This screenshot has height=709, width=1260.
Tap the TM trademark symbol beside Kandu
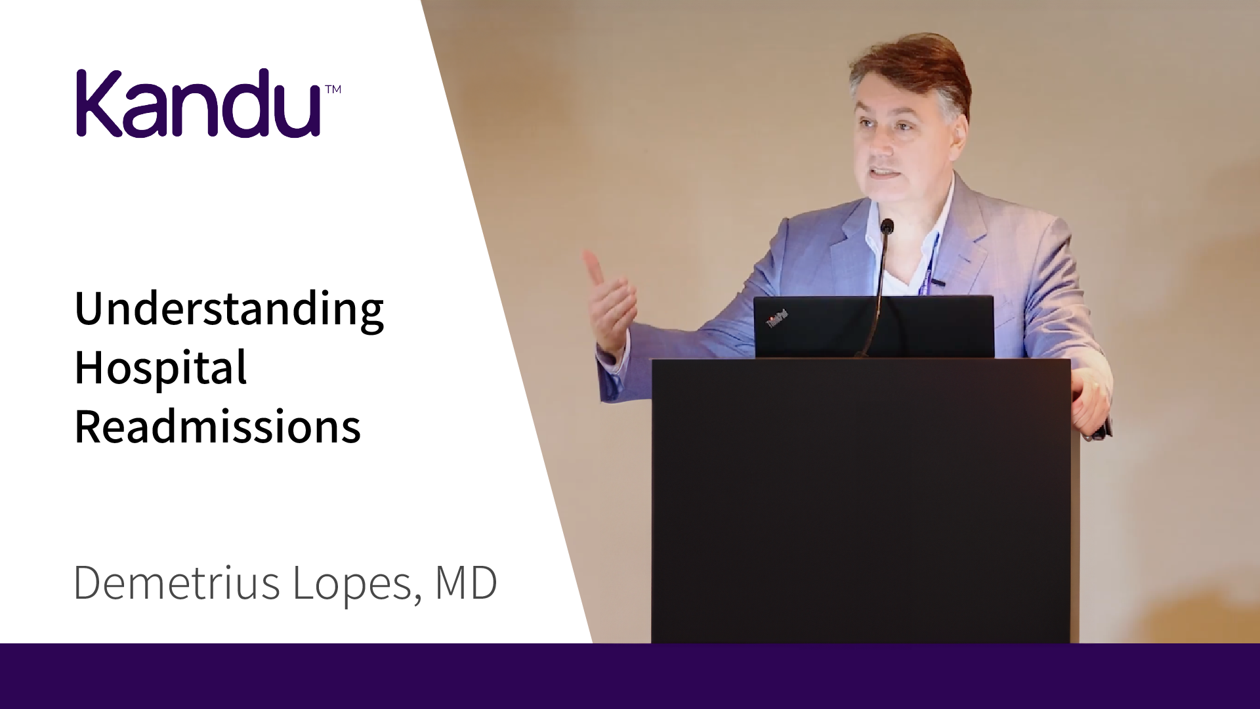[x=333, y=89]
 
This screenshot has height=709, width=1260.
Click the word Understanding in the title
[x=229, y=309]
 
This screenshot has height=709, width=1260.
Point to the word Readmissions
[x=218, y=426]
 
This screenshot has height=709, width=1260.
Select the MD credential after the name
[x=465, y=582]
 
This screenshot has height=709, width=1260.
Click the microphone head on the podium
[x=887, y=227]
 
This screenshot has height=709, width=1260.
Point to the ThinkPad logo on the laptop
[x=777, y=318]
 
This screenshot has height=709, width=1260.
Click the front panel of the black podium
[x=861, y=502]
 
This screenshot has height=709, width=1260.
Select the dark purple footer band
[x=630, y=676]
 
